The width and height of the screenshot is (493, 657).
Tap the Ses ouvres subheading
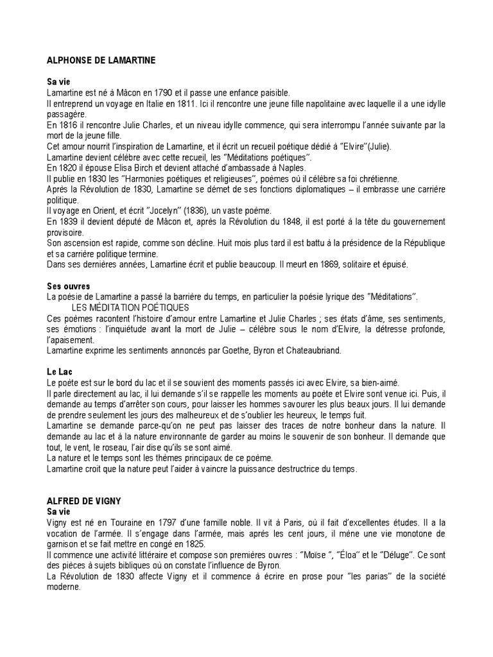68,286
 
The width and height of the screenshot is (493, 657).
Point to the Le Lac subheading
58,371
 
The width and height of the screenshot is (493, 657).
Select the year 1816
68,124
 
